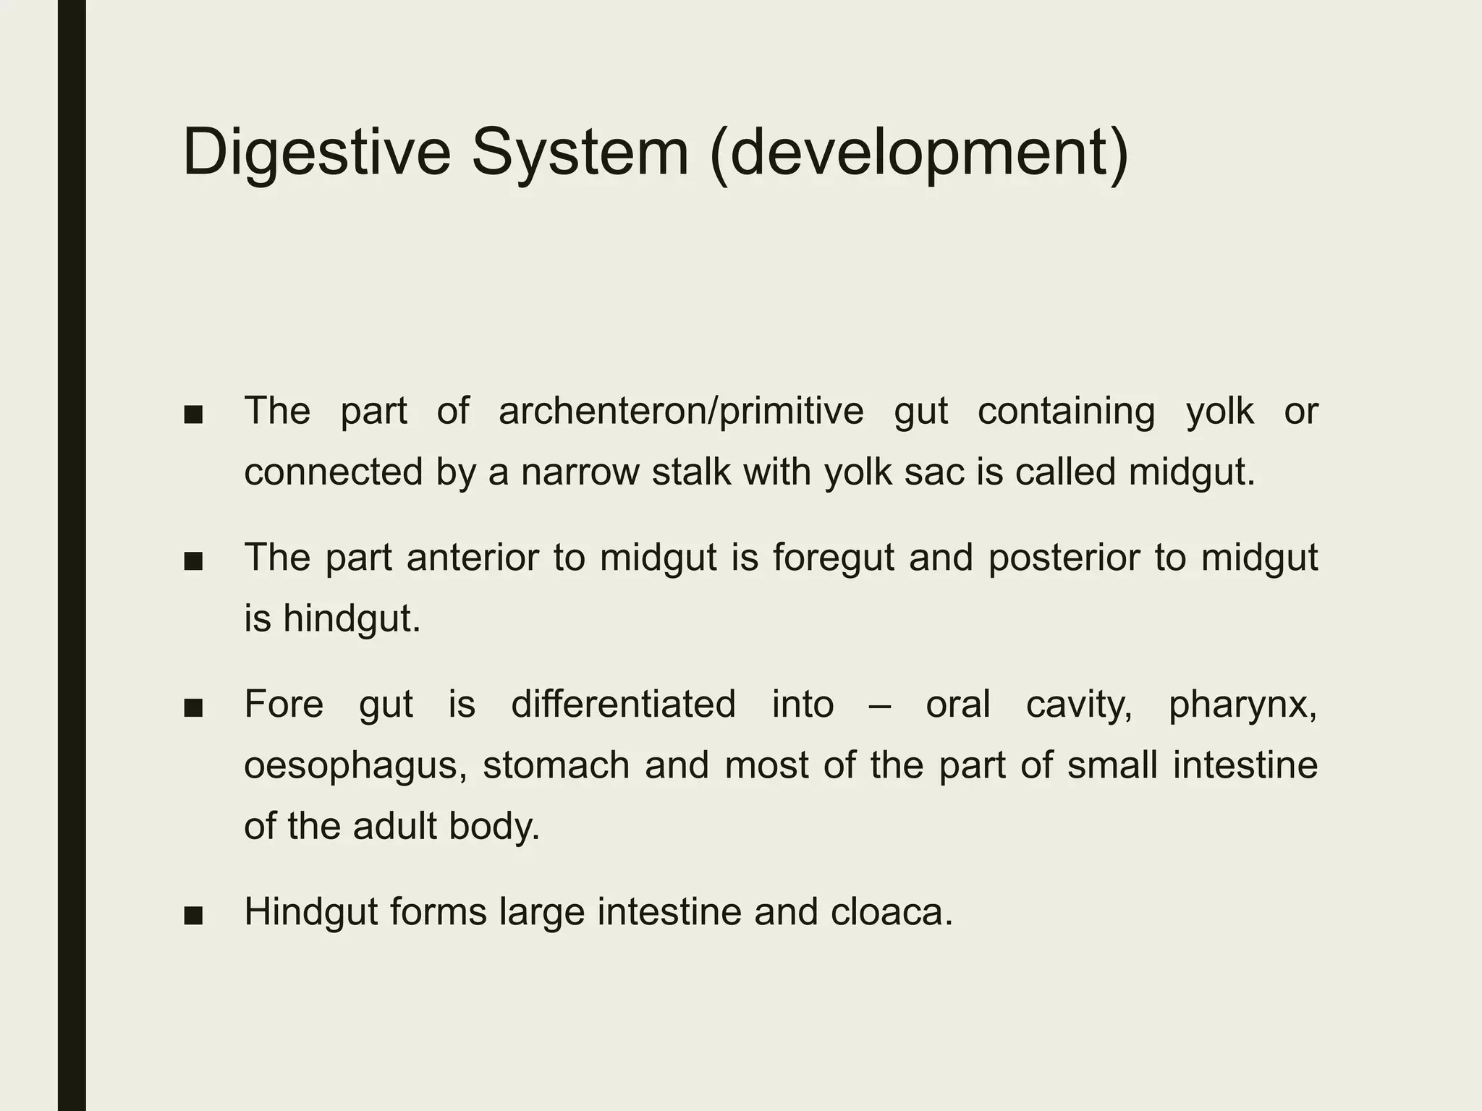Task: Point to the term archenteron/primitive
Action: click(x=681, y=411)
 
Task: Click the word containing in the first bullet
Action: click(x=1066, y=411)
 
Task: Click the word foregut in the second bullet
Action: click(x=833, y=558)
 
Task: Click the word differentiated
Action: click(x=623, y=704)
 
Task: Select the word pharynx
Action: click(x=1243, y=704)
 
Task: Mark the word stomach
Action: click(x=556, y=765)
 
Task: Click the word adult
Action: click(x=397, y=826)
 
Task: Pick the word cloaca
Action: click(x=892, y=911)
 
